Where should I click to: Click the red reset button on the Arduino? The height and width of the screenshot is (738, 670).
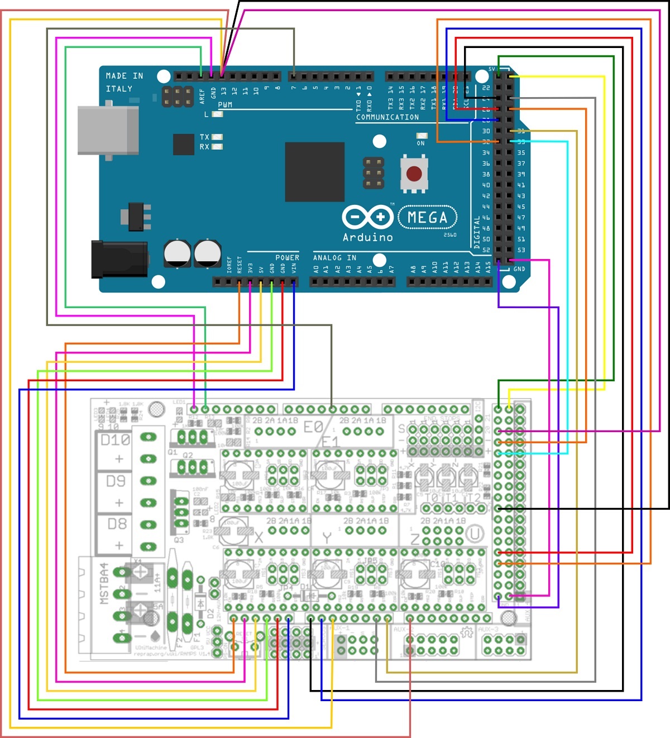coord(414,173)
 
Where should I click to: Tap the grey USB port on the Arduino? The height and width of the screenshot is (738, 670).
coord(108,130)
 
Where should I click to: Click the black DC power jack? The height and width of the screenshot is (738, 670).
coord(119,259)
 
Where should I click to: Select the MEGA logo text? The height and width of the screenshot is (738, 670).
coord(427,217)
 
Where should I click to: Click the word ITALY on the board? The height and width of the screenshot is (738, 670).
coord(119,89)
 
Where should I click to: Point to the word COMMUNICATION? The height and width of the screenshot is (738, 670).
coord(387,117)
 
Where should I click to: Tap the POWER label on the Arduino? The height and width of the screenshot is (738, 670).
coord(287,257)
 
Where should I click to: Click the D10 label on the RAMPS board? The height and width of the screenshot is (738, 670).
coord(115,440)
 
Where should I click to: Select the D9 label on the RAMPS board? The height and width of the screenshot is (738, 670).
coord(116,481)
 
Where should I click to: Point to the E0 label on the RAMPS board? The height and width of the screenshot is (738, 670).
coord(313,427)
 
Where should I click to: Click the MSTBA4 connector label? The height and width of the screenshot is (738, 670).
coord(104,583)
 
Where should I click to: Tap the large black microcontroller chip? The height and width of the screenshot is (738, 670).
coord(314,171)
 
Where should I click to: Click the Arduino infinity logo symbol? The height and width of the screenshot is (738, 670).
coord(367,216)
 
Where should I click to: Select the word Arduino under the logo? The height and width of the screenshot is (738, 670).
coord(367,237)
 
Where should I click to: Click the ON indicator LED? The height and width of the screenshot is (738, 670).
coord(422,136)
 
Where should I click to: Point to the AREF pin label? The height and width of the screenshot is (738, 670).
coord(202,95)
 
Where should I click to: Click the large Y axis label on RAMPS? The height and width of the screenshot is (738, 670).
coord(327,538)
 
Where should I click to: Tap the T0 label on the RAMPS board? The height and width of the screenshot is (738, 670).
coord(432,497)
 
